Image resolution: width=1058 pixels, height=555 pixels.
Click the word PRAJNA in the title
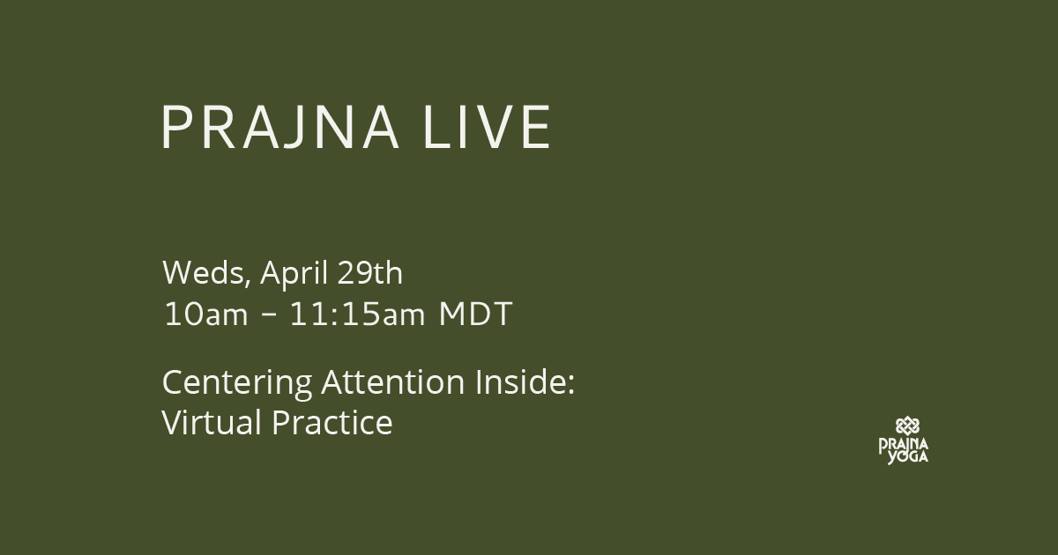coord(280,127)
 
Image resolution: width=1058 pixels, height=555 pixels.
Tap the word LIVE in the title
coord(488,127)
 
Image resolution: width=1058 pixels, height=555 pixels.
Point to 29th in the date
coord(369,272)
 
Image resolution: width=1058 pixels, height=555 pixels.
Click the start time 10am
coord(205,314)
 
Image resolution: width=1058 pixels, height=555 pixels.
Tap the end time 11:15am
coord(357,314)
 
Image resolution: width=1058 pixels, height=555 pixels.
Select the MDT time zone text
coord(475,314)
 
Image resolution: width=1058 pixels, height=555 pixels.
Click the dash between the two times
coord(268,314)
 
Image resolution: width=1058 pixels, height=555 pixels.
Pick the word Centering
coord(236,382)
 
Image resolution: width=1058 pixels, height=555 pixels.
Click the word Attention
coord(393,381)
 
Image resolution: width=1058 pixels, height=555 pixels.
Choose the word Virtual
coord(212,422)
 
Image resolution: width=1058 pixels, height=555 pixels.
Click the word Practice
coord(332,422)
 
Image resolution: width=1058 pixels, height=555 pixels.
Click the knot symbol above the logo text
coord(907,426)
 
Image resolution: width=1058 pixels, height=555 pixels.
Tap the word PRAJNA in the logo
coord(904,445)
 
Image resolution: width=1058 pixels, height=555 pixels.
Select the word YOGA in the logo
coord(908,457)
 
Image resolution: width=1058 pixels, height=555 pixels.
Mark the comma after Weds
coord(248,282)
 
